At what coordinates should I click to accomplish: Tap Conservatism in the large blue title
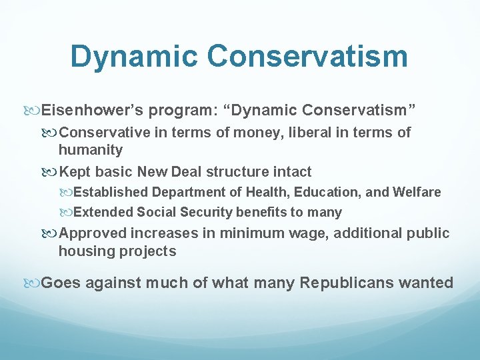(307, 56)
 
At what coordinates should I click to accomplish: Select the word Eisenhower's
(92, 110)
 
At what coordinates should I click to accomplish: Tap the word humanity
(91, 150)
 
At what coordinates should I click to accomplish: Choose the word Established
(111, 192)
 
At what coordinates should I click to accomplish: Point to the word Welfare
(417, 192)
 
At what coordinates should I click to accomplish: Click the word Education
(326, 193)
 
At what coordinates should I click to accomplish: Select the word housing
(86, 251)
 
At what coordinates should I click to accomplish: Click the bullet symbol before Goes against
(31, 283)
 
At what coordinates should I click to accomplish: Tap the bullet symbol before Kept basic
(49, 173)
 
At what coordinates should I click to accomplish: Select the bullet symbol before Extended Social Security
(66, 213)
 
